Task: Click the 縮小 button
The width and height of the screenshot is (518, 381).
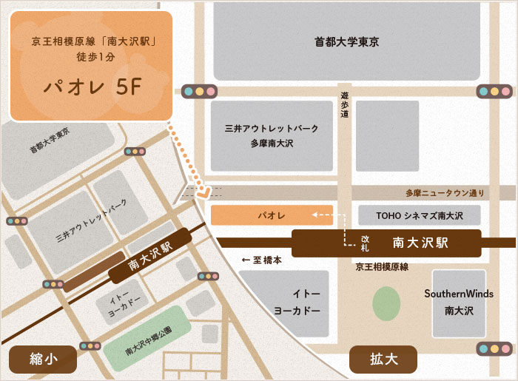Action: pyautogui.click(x=43, y=360)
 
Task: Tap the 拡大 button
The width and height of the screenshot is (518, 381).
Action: pyautogui.click(x=384, y=360)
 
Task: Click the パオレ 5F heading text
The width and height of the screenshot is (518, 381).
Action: pyautogui.click(x=91, y=87)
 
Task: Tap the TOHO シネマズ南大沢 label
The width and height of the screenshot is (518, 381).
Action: pyautogui.click(x=419, y=216)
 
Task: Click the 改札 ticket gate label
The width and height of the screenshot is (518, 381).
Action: pyautogui.click(x=365, y=243)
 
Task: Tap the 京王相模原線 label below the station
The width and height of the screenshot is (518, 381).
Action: pyautogui.click(x=382, y=266)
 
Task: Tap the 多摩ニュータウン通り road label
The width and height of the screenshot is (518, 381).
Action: pyautogui.click(x=445, y=194)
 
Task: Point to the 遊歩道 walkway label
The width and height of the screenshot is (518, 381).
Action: pyautogui.click(x=345, y=106)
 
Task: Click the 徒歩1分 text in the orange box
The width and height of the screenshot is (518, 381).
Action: pyautogui.click(x=91, y=56)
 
